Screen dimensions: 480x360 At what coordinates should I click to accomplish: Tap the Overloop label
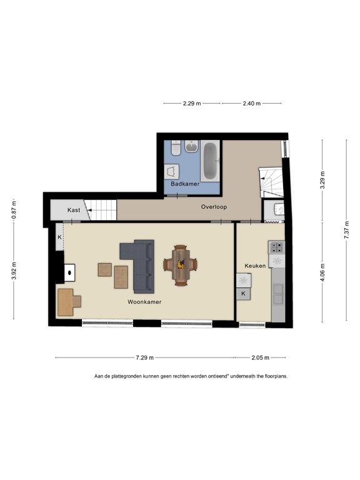click(214, 206)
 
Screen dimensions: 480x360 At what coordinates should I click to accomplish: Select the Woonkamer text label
click(144, 302)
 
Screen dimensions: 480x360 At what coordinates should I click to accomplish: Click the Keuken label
click(256, 266)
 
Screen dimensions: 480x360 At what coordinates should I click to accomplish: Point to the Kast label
click(74, 211)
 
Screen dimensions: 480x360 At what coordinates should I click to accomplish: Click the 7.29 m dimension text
click(145, 358)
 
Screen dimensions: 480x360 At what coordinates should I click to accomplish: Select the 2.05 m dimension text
click(260, 358)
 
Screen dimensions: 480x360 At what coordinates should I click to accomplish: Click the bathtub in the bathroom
click(209, 160)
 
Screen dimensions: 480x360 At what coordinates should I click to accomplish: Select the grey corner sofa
click(141, 264)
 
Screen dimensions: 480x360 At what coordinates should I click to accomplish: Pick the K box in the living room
click(59, 238)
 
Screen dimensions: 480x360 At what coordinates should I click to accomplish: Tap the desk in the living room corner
click(68, 302)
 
